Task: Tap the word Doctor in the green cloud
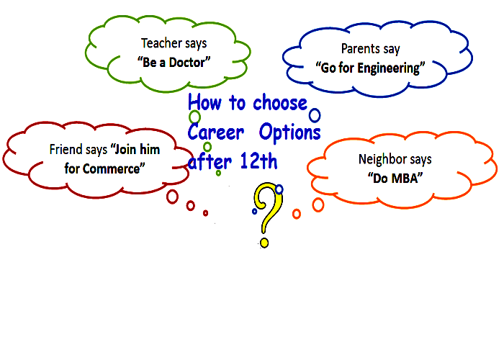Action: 186,63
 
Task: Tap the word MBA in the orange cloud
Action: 404,179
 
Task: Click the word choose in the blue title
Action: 280,103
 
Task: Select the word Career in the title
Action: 216,132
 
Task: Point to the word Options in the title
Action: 290,132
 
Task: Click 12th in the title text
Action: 258,161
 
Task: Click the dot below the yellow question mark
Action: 264,243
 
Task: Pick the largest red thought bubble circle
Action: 172,197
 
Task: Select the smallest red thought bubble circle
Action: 205,213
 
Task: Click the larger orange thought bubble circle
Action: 318,204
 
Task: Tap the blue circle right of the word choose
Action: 315,115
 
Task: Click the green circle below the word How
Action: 194,117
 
